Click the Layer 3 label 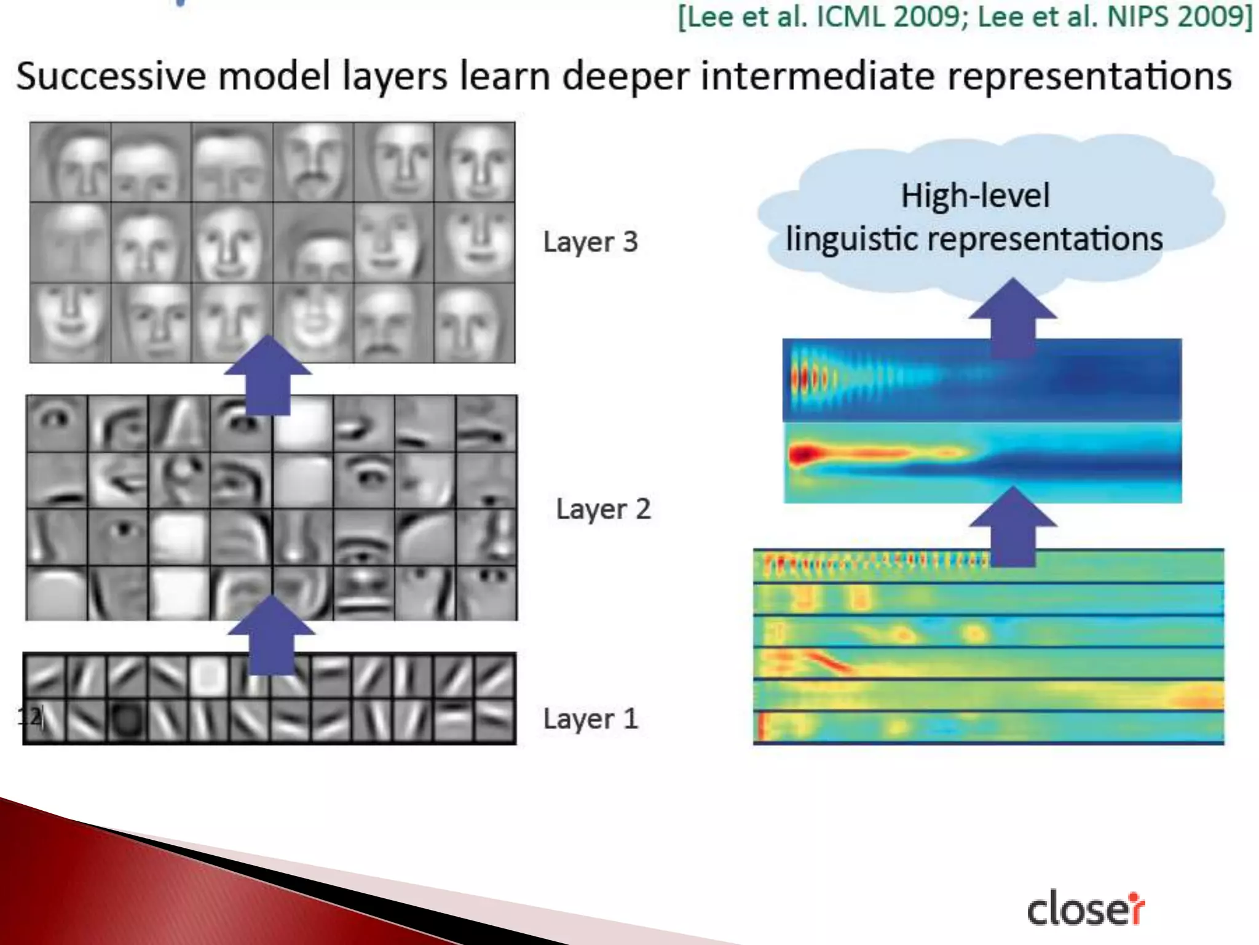[590, 242]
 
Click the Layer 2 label [602, 509]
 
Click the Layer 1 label [590, 718]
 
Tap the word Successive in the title [111, 76]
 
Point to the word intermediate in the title [818, 76]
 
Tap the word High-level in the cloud [975, 196]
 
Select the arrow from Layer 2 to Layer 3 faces [267, 375]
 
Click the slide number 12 [30, 716]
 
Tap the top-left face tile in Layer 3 [71, 162]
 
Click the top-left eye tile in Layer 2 [57, 423]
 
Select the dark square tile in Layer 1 [127, 719]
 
